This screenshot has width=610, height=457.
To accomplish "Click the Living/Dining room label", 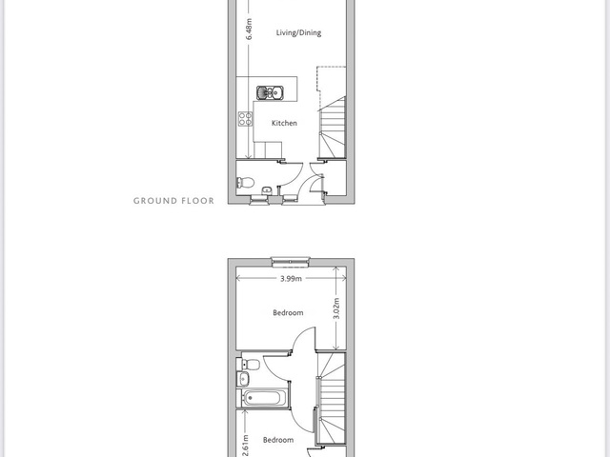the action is click(298, 32).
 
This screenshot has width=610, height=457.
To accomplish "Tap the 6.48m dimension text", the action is click(249, 30).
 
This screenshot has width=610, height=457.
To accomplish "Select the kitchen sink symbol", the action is click(270, 93).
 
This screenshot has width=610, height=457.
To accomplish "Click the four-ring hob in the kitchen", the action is click(246, 119).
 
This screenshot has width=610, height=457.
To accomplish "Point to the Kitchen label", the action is click(284, 123).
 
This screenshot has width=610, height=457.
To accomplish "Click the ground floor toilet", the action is click(245, 182).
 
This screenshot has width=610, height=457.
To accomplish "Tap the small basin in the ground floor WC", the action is click(267, 190).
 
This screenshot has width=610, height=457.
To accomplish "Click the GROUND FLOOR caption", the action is click(173, 201).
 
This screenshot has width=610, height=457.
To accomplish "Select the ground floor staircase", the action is click(332, 128).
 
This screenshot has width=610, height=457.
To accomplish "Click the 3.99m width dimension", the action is click(291, 278).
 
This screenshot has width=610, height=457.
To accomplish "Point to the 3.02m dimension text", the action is click(336, 308).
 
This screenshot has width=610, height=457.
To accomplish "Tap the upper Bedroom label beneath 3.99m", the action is click(288, 313).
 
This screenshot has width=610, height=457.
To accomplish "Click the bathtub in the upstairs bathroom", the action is click(263, 398).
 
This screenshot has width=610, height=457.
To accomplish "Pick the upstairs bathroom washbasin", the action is click(243, 378).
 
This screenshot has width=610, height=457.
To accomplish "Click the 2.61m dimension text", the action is click(246, 447).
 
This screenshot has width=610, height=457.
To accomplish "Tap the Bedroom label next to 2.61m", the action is click(278, 440).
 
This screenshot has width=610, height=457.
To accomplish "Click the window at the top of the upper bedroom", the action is click(291, 262).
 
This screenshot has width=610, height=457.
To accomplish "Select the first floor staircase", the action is click(331, 398).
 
